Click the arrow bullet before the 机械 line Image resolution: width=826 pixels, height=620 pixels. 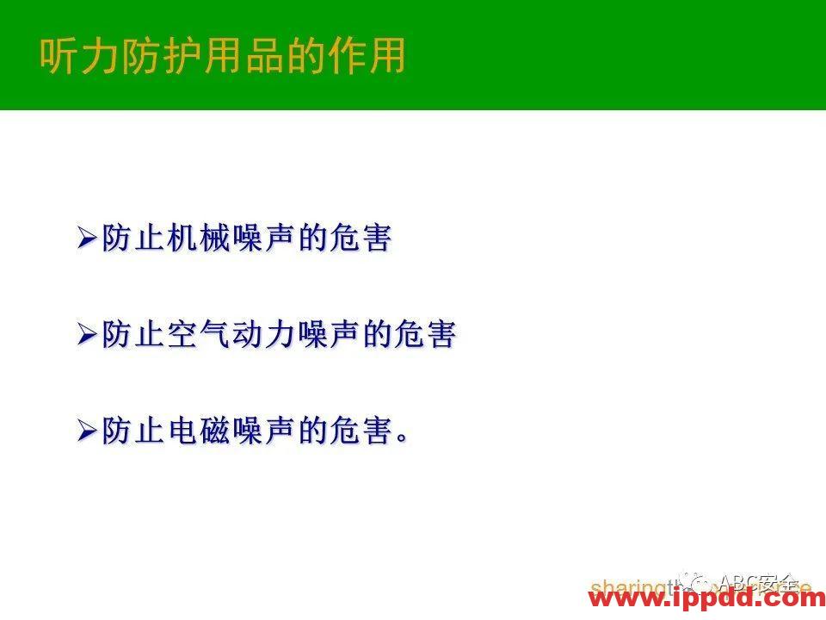[x=87, y=239]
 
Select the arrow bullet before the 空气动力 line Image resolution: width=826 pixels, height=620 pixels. [x=87, y=334]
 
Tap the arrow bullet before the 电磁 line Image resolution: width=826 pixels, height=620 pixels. [x=87, y=431]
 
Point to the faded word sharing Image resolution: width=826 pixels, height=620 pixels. [x=621, y=588]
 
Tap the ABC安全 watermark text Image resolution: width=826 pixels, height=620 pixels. [x=757, y=582]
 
